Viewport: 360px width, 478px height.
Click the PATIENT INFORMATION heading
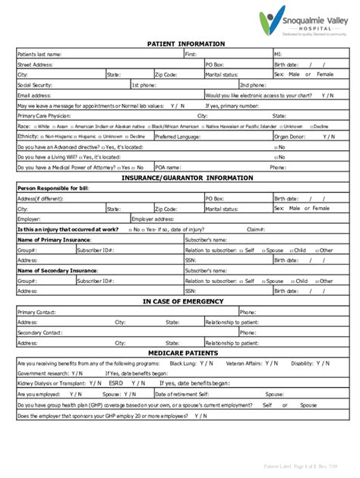point(185,45)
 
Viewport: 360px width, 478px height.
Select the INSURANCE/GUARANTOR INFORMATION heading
point(187,178)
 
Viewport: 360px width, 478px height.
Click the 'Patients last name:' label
point(39,55)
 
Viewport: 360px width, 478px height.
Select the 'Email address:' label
point(34,96)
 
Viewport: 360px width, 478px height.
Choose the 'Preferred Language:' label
point(179,137)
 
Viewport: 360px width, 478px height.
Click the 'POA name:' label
point(168,167)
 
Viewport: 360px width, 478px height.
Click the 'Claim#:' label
point(255,229)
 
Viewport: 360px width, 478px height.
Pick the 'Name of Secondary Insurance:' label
point(54,270)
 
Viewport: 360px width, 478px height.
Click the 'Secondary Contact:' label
point(40,332)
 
